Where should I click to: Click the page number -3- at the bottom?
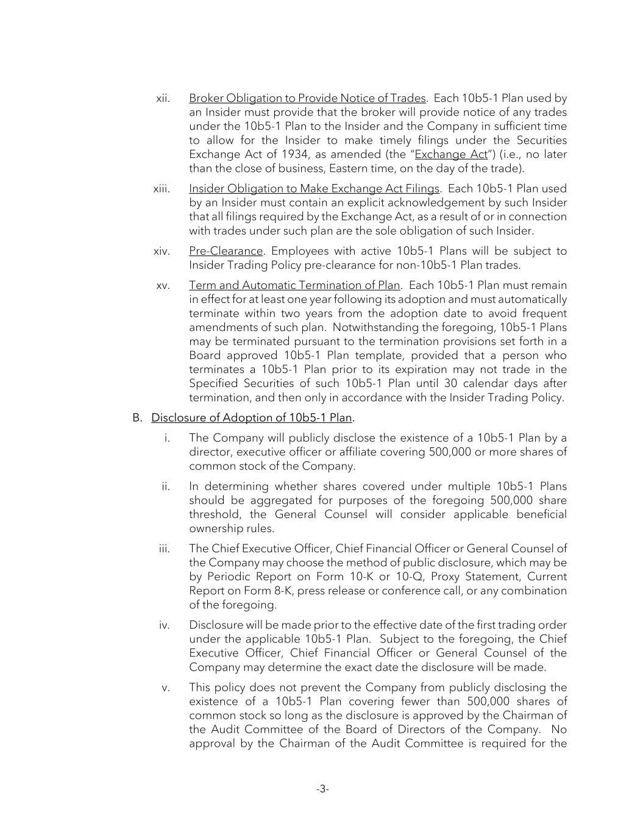(x=322, y=789)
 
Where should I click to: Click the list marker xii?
(x=163, y=98)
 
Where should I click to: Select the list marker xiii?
(x=162, y=188)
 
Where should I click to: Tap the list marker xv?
(x=163, y=285)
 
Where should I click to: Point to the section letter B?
(x=137, y=418)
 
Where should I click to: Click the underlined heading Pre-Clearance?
(x=226, y=251)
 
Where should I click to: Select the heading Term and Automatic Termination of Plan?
(x=294, y=285)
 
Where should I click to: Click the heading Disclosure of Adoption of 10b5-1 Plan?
(x=252, y=418)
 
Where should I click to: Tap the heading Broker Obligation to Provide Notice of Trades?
(x=307, y=98)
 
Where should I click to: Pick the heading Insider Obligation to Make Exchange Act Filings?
(x=314, y=188)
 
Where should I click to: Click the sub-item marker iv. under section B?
(x=165, y=625)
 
